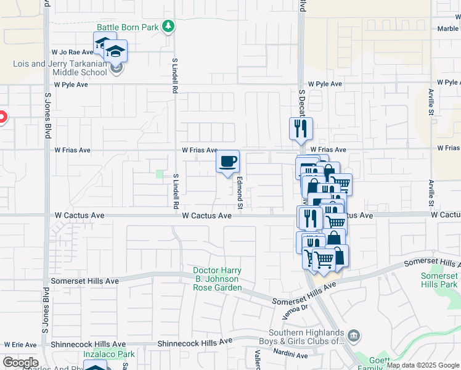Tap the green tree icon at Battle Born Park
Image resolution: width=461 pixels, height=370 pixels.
point(168,27)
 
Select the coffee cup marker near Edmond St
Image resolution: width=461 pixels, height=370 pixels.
point(228,162)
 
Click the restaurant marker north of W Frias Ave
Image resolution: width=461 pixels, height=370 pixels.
point(301,129)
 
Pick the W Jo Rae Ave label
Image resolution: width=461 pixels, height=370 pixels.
point(72,52)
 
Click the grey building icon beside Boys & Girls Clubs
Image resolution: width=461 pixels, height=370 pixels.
point(354,336)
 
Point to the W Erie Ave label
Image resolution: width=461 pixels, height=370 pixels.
point(20,344)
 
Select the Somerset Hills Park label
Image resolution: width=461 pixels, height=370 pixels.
point(439,280)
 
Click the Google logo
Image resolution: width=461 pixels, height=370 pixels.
point(20,363)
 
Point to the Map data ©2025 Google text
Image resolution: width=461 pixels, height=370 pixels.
point(422,365)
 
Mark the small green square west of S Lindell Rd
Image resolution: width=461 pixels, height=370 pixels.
point(160,175)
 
